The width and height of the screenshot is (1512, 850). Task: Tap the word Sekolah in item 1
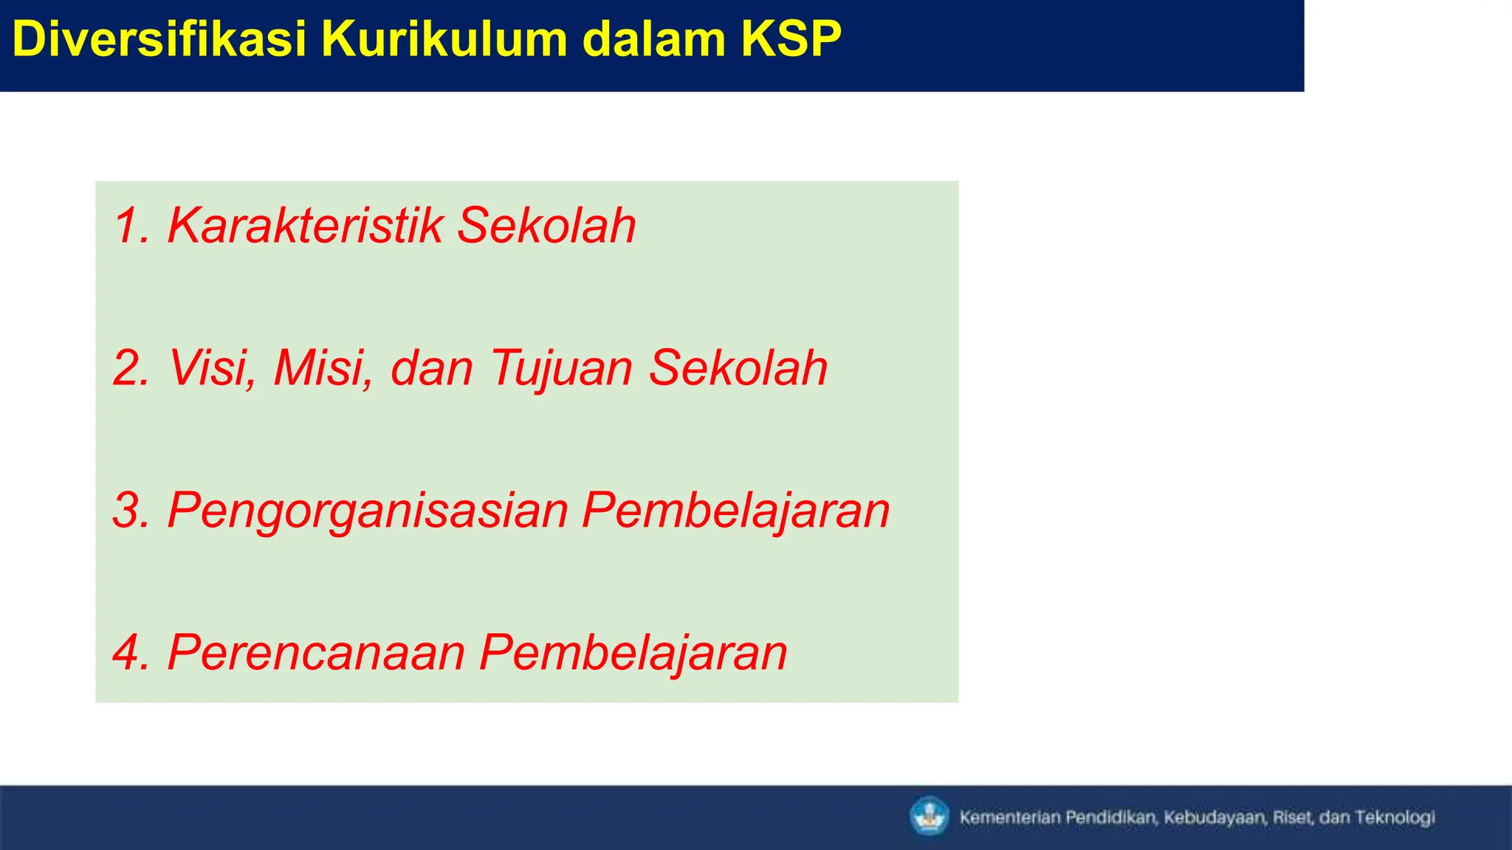[x=546, y=225]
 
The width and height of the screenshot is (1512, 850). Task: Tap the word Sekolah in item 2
[x=738, y=367]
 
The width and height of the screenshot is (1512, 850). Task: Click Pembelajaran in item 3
[x=735, y=510]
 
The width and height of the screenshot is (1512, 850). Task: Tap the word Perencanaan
[x=316, y=652]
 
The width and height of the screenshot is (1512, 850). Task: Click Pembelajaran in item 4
[x=633, y=652]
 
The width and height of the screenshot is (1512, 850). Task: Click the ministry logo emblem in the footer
[x=929, y=817]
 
